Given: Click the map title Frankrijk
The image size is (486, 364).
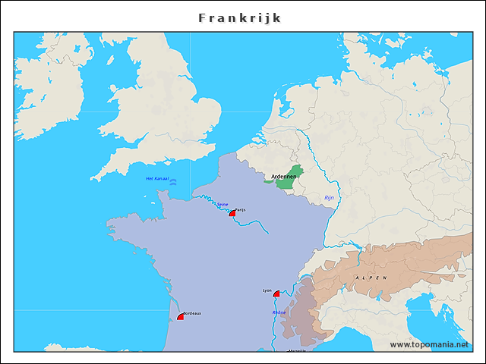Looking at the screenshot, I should [239, 17].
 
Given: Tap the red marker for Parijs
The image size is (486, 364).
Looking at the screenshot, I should [232, 214].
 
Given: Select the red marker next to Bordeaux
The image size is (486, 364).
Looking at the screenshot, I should [180, 316].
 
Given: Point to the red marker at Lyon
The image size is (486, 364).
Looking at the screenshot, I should [276, 293].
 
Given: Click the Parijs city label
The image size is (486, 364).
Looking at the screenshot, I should [241, 209].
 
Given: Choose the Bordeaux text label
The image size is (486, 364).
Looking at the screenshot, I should [192, 313].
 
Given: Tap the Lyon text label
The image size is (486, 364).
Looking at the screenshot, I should [267, 290].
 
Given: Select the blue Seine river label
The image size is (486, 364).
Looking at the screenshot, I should [222, 204].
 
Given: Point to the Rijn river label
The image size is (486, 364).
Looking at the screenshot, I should [329, 197].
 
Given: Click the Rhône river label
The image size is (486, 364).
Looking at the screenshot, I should [279, 312].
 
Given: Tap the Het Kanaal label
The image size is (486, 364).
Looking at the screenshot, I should [156, 178].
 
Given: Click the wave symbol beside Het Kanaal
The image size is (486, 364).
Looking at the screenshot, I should [173, 182].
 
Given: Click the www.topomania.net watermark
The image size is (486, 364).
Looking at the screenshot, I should [429, 344].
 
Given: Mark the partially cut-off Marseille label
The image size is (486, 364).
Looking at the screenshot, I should [297, 350].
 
